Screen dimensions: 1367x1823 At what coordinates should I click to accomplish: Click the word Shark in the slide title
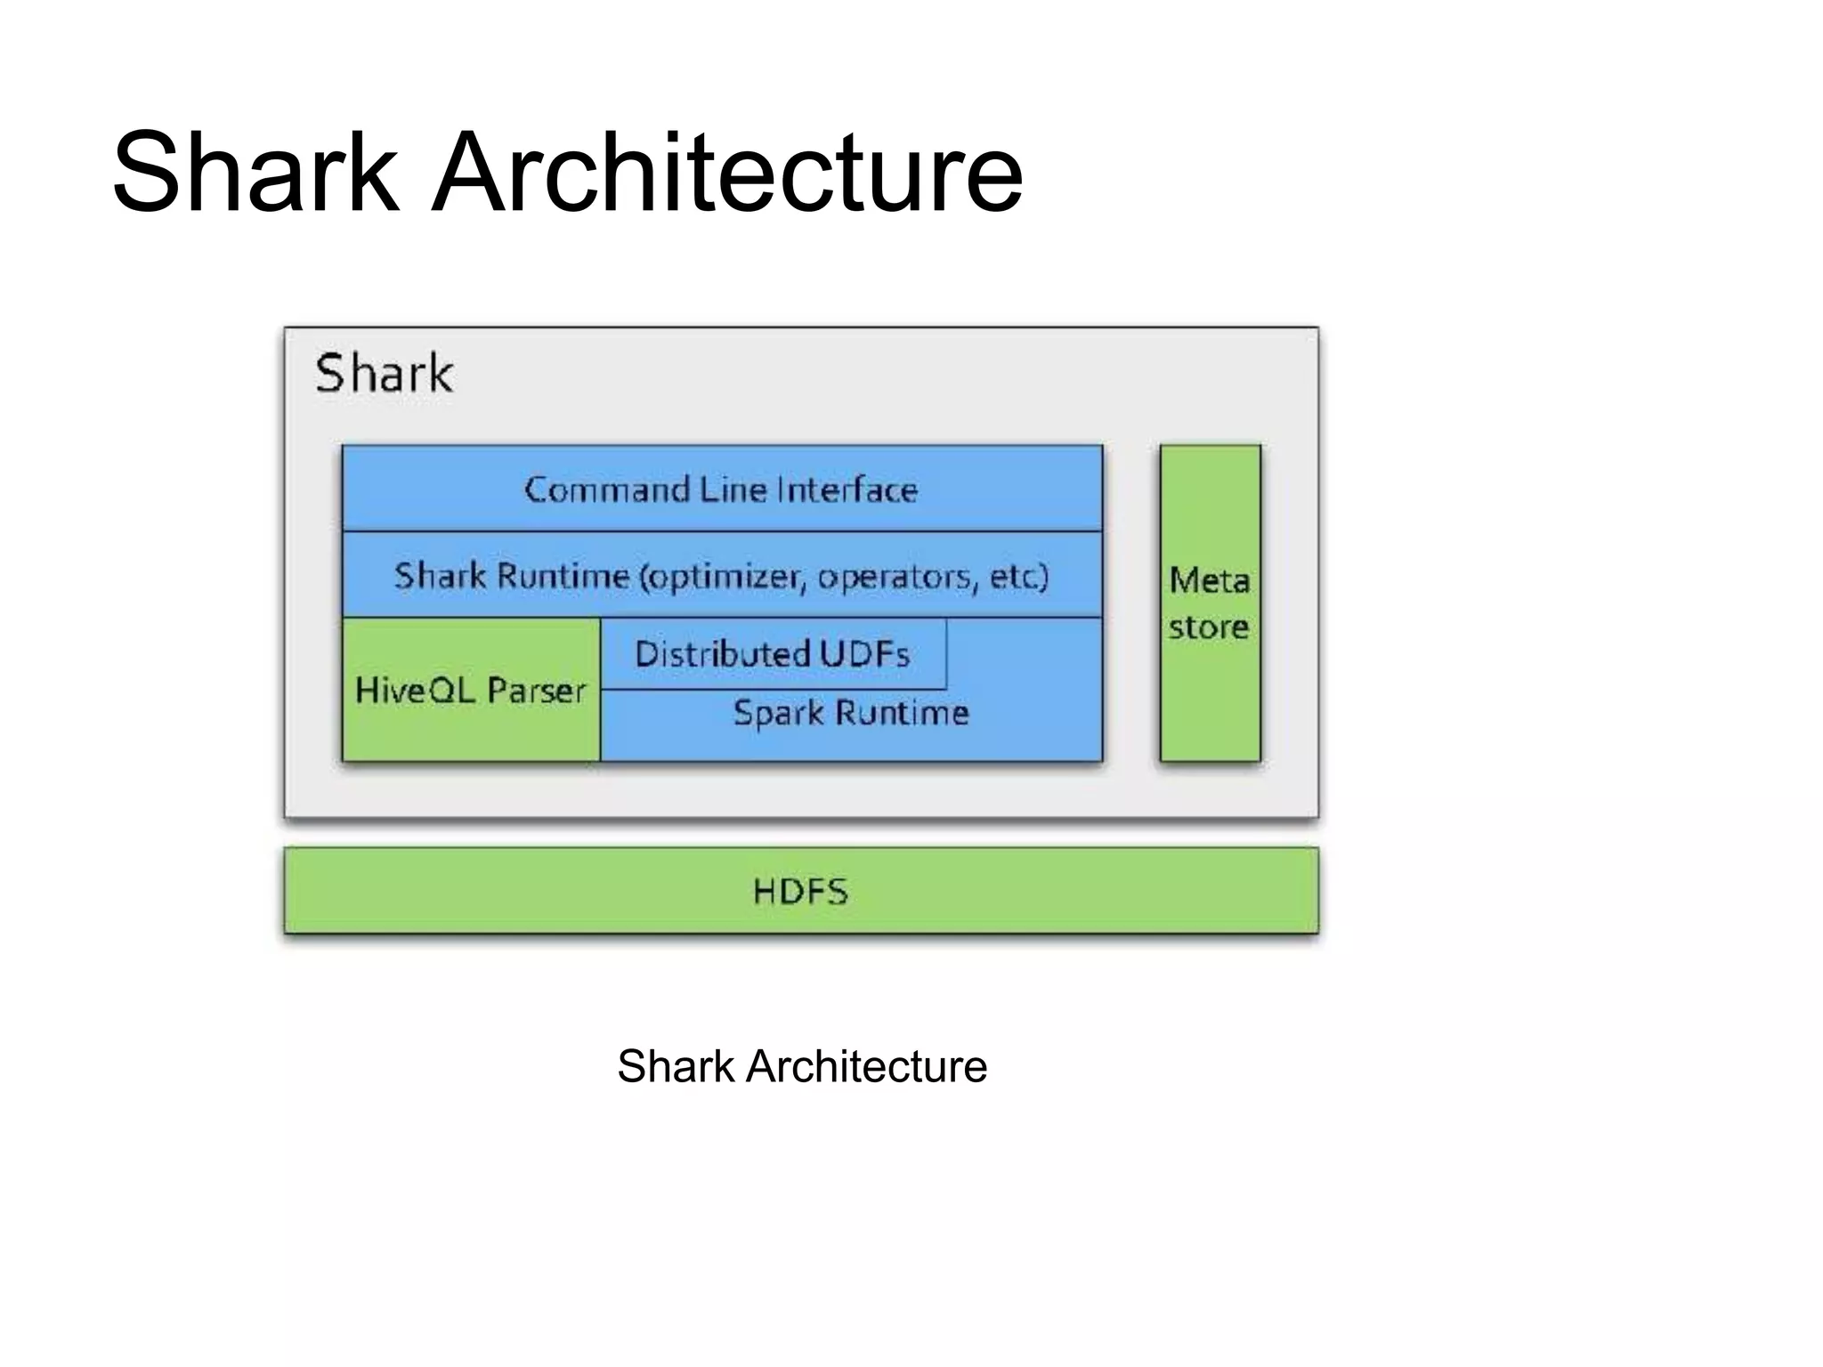click(x=255, y=173)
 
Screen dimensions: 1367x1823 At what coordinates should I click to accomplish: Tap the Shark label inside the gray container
click(x=384, y=373)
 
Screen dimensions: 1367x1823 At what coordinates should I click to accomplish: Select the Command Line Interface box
click(x=722, y=489)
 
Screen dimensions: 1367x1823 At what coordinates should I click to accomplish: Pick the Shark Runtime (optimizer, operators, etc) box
click(x=722, y=575)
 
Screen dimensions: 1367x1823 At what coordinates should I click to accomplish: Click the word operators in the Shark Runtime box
click(x=897, y=577)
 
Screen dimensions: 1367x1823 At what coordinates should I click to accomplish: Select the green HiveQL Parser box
click(x=471, y=691)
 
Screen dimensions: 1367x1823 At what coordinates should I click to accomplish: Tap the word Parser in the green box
click(x=536, y=691)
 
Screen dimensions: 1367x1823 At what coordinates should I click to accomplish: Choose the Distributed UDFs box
click(x=773, y=654)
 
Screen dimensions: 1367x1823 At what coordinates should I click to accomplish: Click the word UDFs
click(x=864, y=654)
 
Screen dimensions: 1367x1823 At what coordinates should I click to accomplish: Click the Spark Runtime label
click(x=850, y=713)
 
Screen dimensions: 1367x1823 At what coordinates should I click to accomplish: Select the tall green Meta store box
click(x=1210, y=603)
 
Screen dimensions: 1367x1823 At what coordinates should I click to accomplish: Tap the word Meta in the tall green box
click(x=1209, y=580)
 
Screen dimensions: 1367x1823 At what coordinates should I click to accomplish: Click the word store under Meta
click(x=1208, y=627)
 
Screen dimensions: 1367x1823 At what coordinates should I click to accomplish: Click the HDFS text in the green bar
click(x=800, y=891)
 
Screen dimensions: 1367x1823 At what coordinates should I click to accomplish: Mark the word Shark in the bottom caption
click(x=676, y=1066)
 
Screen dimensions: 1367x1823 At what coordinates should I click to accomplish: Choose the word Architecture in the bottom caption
click(x=866, y=1066)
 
